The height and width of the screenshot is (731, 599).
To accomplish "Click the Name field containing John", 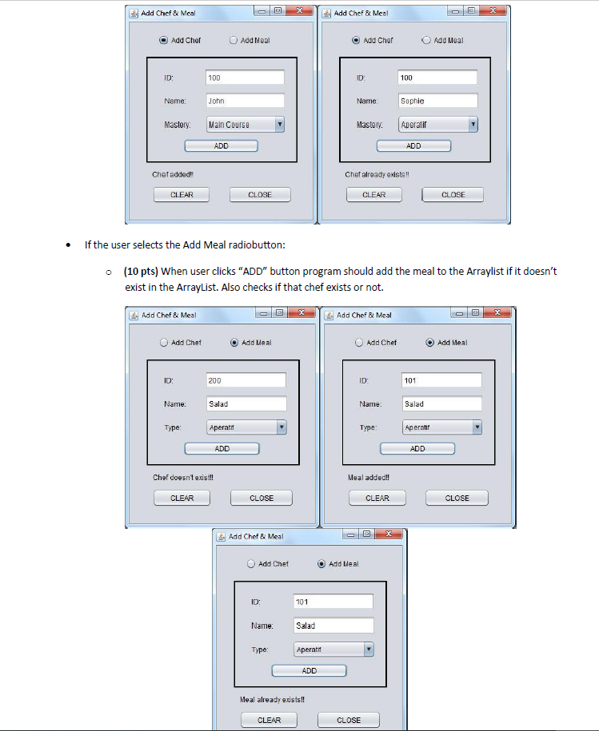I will [245, 101].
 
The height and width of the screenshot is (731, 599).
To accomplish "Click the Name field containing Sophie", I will [437, 101].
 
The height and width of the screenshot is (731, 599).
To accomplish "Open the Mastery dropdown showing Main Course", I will [246, 125].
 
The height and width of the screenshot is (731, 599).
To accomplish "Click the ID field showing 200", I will [246, 381].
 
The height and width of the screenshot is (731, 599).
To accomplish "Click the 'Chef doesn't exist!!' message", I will [183, 478].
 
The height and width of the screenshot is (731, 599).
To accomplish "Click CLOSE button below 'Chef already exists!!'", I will [453, 195].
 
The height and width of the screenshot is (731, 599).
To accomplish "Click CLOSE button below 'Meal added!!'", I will [457, 499].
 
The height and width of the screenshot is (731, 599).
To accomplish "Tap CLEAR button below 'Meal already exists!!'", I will [269, 720].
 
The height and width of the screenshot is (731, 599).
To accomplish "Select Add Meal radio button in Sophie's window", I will [427, 41].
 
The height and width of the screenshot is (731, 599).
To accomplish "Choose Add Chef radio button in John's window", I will [164, 41].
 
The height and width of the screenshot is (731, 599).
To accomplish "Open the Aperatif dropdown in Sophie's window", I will [438, 125].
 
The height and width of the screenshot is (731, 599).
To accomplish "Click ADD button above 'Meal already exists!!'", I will [309, 671].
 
